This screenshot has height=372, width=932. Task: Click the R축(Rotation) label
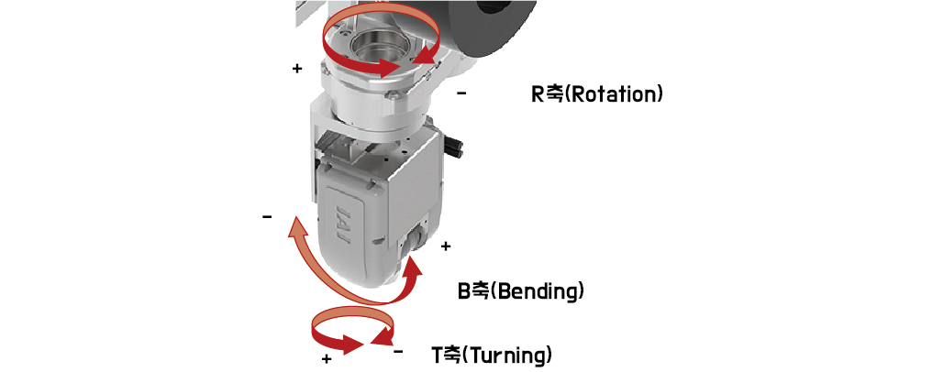point(597,94)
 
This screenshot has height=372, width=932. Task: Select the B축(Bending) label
point(521,291)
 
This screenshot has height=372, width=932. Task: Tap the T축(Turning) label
point(493,355)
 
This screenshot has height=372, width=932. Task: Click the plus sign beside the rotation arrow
point(297,69)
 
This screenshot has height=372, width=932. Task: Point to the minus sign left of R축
point(461,93)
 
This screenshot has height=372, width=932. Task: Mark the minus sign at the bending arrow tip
point(267,217)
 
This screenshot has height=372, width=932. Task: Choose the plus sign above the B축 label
point(446,246)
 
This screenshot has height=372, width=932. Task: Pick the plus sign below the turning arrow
point(327,359)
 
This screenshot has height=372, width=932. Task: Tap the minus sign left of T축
point(398,352)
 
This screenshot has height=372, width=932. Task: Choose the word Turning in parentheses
point(507,355)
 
